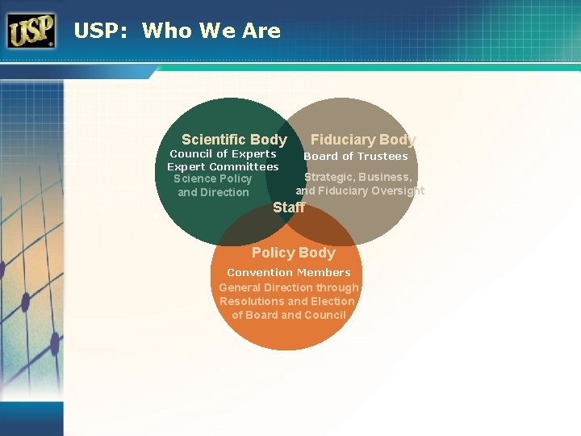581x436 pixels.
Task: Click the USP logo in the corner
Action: coord(31,31)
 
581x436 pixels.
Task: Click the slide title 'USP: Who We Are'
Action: coord(177,31)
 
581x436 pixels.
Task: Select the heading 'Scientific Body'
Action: coord(234,140)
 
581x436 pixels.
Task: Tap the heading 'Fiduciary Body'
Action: coord(363,140)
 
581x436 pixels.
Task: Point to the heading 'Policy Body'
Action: coord(293,253)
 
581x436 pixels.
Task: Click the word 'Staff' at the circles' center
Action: coord(289,207)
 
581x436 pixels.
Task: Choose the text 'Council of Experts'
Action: coord(223,153)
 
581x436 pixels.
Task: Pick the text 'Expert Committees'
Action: coord(223,166)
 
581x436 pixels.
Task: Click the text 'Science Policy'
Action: coord(213,178)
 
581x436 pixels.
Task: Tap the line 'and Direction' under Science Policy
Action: coord(213,192)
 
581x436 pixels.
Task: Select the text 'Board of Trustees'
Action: coord(356,157)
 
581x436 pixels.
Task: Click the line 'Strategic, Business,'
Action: coord(357,177)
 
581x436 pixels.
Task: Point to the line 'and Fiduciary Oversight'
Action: coord(360,191)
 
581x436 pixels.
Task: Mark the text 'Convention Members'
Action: coord(289,273)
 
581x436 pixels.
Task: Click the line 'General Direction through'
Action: coord(289,287)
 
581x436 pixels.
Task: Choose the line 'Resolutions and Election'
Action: coord(287,301)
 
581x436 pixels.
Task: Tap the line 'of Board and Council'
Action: coord(289,315)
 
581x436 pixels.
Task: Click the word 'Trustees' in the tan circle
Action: coord(383,157)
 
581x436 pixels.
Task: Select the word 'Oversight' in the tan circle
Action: coord(397,191)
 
